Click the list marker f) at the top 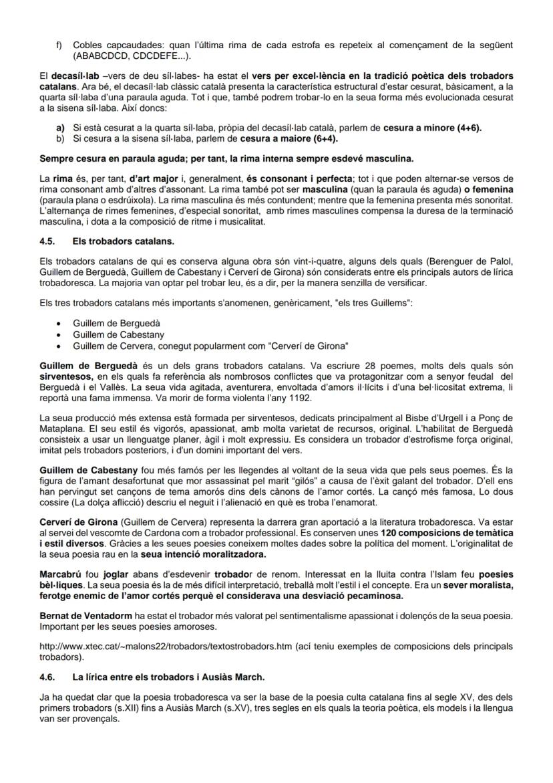tap(59, 45)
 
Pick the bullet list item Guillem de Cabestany tap(118, 334)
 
